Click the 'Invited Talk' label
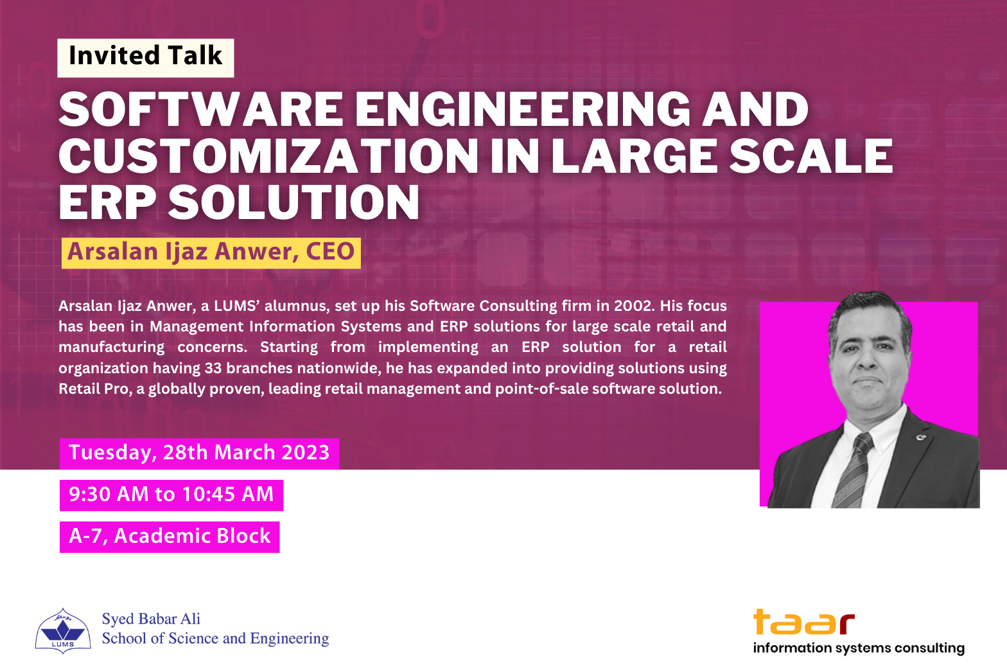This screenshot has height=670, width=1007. [x=145, y=56]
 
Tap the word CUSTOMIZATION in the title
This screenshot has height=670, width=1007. [x=268, y=155]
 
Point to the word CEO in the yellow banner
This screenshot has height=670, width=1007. [x=330, y=251]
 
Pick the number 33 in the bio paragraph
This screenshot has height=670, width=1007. [x=213, y=368]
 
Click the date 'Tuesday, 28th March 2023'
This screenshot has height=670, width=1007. [x=199, y=453]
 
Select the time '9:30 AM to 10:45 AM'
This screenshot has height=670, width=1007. [x=171, y=494]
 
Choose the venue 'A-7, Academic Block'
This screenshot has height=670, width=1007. [x=170, y=536]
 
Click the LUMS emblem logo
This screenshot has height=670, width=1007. [x=63, y=630]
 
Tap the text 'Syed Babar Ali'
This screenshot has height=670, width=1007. [x=151, y=619]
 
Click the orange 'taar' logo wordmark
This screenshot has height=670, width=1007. [x=804, y=622]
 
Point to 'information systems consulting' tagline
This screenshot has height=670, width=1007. [x=859, y=648]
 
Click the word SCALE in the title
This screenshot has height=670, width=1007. [x=810, y=155]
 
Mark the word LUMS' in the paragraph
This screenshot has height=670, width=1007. [x=237, y=306]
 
